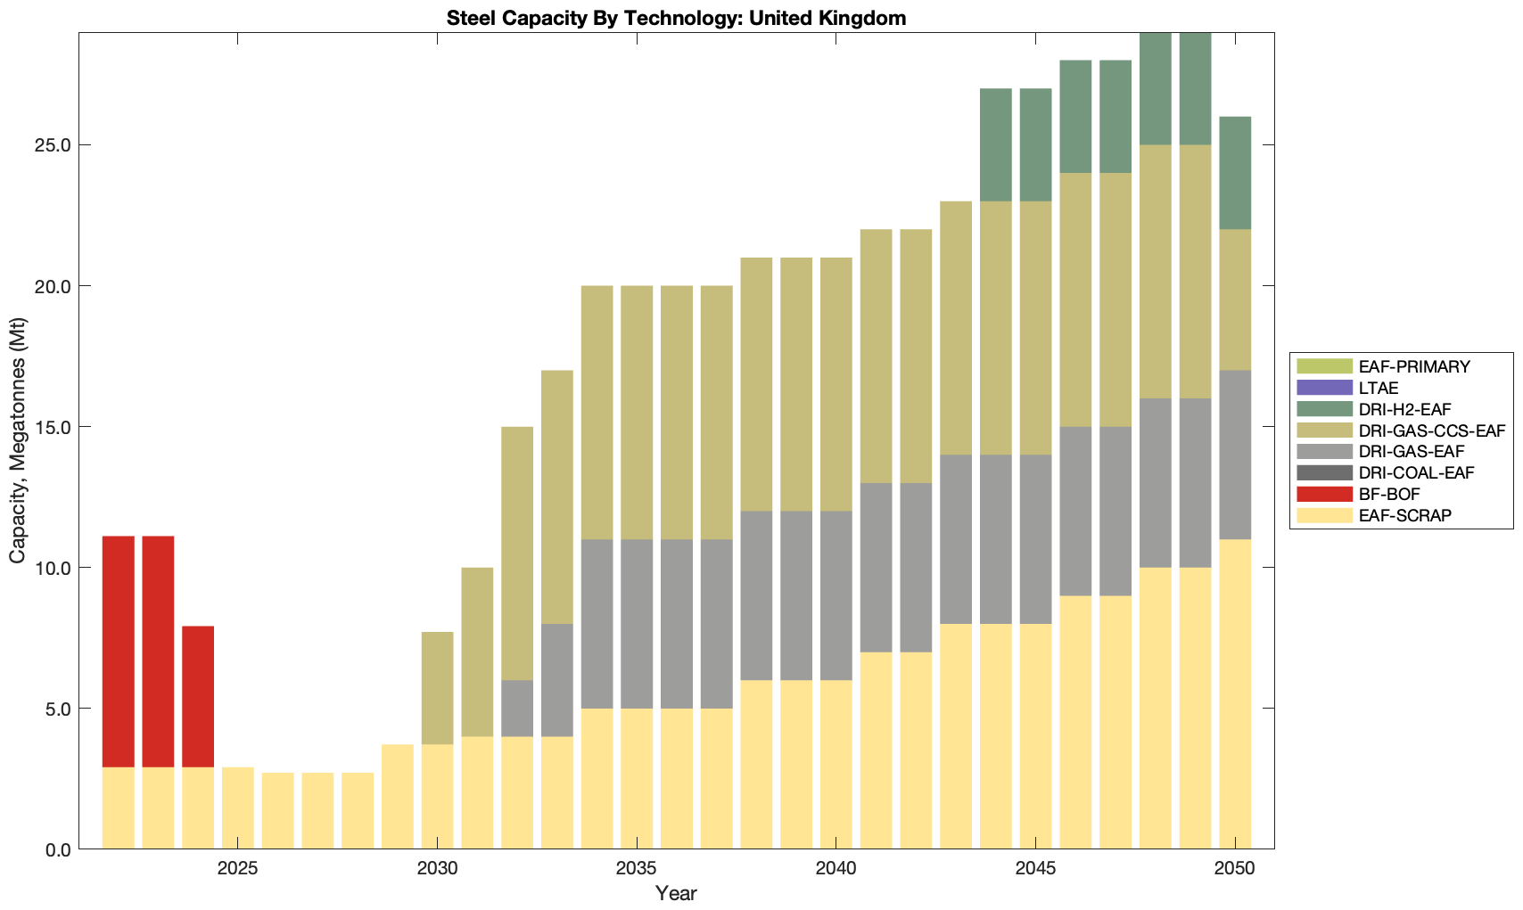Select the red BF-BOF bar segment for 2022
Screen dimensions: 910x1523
pyautogui.click(x=119, y=652)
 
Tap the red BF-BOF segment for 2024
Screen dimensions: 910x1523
pyautogui.click(x=198, y=696)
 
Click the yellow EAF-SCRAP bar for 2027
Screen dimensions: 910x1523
pyautogui.click(x=317, y=810)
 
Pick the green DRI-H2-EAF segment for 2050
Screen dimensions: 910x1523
pyautogui.click(x=1235, y=173)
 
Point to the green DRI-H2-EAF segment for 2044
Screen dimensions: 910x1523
pyautogui.click(x=996, y=144)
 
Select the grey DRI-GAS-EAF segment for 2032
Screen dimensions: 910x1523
pyautogui.click(x=517, y=708)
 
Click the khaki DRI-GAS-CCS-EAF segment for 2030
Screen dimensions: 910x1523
pyautogui.click(x=437, y=688)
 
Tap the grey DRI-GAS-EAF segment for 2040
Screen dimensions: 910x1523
pyautogui.click(x=836, y=595)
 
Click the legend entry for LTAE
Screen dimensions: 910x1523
pyautogui.click(x=1378, y=388)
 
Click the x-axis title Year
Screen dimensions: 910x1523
pyautogui.click(x=676, y=893)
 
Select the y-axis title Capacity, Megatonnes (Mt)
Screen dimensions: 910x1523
pyautogui.click(x=18, y=440)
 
